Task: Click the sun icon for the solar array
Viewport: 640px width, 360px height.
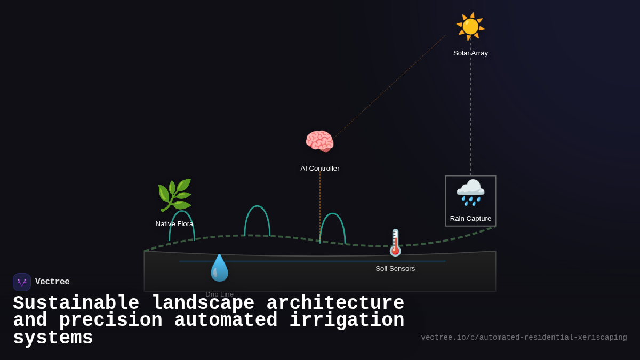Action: click(470, 26)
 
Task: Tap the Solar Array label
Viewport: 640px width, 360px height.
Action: click(470, 53)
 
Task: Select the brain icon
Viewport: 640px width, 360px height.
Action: click(319, 141)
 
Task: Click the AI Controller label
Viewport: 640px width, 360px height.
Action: click(320, 169)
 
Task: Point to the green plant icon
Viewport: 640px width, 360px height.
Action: click(174, 195)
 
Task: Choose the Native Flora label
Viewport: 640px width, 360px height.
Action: click(174, 224)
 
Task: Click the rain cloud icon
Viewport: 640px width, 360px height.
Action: click(470, 192)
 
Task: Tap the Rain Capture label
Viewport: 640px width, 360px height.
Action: click(470, 219)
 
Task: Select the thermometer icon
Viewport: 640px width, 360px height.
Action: click(395, 243)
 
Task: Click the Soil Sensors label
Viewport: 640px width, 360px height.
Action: click(395, 269)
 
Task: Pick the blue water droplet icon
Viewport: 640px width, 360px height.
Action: click(219, 268)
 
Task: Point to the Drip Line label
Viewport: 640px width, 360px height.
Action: click(219, 294)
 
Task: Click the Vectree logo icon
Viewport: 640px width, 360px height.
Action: click(22, 282)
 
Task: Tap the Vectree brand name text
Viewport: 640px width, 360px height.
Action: click(52, 282)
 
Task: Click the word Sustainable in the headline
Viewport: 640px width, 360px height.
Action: click(76, 303)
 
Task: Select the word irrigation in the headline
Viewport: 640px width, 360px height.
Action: click(347, 321)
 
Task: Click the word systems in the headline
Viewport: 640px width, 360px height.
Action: click(53, 338)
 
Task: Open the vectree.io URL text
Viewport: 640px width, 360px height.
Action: click(524, 338)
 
